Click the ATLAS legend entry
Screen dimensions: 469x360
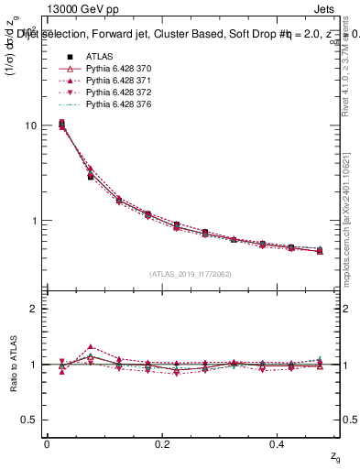pos(98,58)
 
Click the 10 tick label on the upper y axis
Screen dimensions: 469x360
pos(30,125)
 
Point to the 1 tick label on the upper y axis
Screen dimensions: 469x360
pos(34,221)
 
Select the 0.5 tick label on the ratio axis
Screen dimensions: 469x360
pos(29,420)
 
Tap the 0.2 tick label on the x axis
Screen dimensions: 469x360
pos(162,443)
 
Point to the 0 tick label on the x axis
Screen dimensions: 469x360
pos(47,443)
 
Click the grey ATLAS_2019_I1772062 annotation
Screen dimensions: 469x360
pos(191,273)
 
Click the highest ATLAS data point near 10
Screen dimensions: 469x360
pos(61,123)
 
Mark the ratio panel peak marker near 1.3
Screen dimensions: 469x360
pos(90,347)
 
